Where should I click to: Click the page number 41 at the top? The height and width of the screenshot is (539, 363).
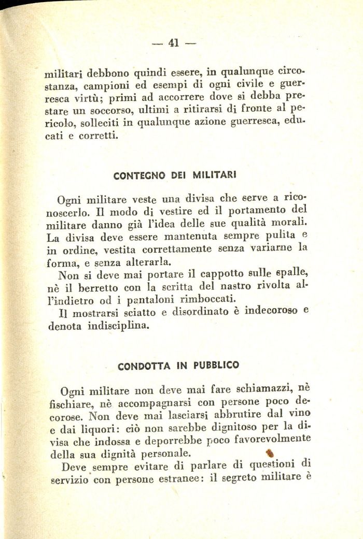pos(173,44)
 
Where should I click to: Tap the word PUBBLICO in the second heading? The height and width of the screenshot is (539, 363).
pos(216,365)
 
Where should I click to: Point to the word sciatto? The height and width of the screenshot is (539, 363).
pos(145,313)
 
